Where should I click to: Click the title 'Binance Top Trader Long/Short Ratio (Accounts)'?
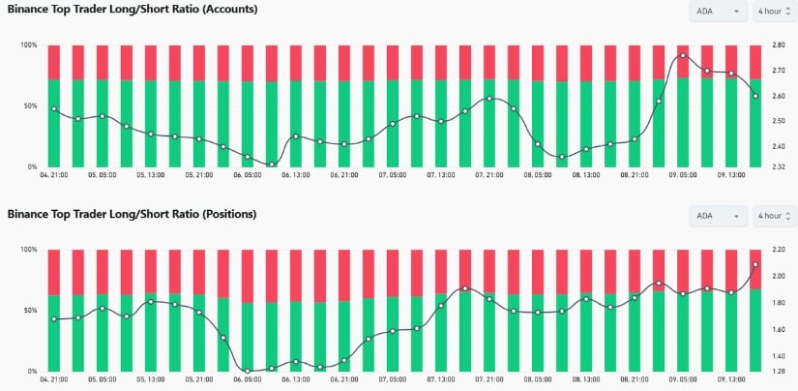(133, 9)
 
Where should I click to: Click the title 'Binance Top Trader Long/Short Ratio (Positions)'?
(133, 213)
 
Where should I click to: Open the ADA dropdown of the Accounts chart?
(718, 12)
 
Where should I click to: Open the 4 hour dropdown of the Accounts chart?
(774, 12)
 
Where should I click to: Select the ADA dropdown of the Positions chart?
(718, 216)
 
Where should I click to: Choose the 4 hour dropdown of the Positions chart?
(774, 216)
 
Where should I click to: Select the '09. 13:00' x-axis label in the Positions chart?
(731, 380)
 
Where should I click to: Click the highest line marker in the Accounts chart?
(683, 56)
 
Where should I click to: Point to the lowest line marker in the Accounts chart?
(272, 165)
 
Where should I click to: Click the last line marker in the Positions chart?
(755, 264)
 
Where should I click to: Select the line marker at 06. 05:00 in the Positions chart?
(248, 371)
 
